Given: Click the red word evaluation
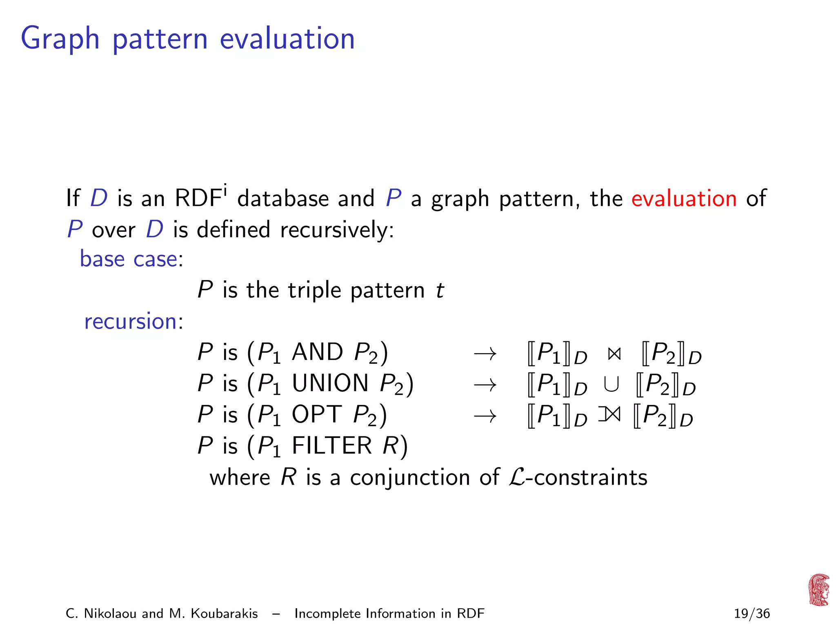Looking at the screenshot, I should click(x=684, y=199).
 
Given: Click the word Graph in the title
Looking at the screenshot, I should click(x=60, y=39).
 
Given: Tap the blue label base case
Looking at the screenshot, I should click(x=129, y=259).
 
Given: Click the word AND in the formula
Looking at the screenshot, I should click(x=317, y=352).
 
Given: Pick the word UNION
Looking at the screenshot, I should click(x=330, y=383).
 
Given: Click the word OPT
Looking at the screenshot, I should click(x=316, y=414).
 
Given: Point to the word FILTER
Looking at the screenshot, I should click(x=331, y=445).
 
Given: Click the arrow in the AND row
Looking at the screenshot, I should click(x=485, y=354).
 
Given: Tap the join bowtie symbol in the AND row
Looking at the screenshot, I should click(x=614, y=354).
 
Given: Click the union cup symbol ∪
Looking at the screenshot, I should click(x=611, y=384).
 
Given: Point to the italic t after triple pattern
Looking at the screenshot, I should click(x=440, y=291).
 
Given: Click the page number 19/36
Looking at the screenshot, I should click(x=752, y=614).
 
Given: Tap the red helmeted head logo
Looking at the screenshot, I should click(x=819, y=590).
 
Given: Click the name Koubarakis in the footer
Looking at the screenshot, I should click(x=224, y=614).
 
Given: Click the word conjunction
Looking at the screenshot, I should click(x=410, y=478).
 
